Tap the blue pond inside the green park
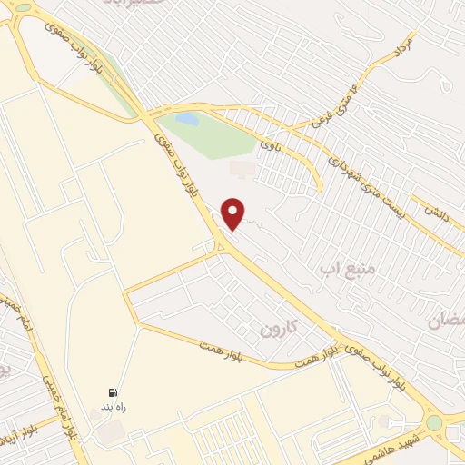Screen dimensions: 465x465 [186, 119]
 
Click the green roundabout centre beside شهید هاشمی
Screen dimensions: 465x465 [433, 423]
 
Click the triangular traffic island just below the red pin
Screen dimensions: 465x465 [220, 243]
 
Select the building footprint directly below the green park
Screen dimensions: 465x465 [242, 168]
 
